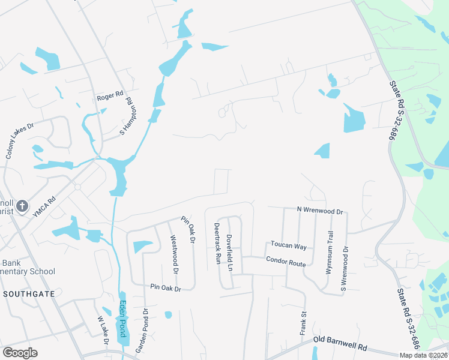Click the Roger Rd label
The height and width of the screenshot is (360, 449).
pos(110,95)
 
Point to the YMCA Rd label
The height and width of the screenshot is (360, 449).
pos(44,205)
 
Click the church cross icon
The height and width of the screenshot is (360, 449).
pos(22,206)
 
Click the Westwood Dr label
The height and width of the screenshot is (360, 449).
pos(175,254)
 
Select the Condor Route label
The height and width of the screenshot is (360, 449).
pos(286,261)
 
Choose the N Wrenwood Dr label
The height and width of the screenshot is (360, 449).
pos(319,211)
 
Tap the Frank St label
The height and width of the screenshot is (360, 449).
pos(303,322)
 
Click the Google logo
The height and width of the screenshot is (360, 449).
pos(20,353)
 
